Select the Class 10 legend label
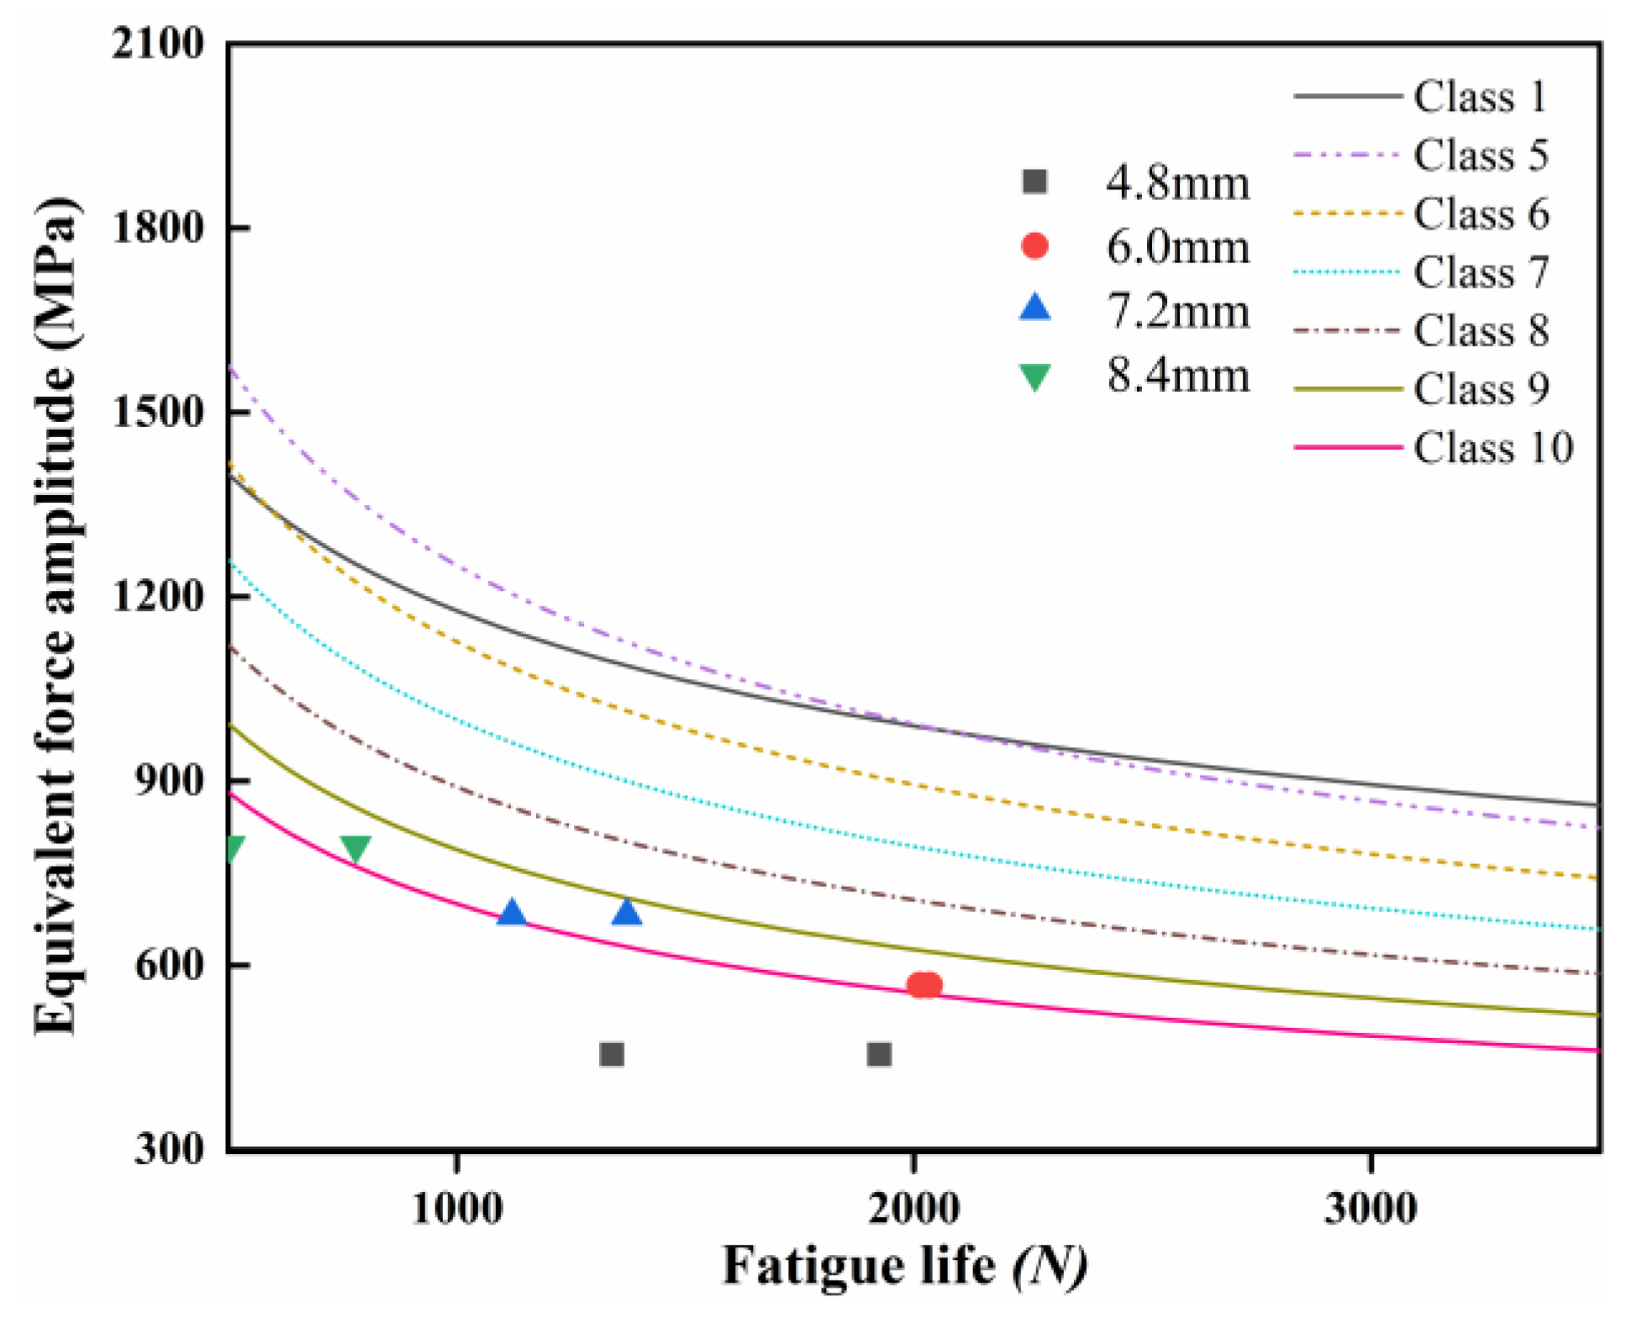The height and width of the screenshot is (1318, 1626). [x=1492, y=447]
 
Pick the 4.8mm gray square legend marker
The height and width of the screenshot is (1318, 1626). [x=1034, y=182]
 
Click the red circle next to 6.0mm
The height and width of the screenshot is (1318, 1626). [x=1034, y=246]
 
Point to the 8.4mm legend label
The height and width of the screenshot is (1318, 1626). [x=1177, y=375]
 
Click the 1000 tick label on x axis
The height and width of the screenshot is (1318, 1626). [x=457, y=1209]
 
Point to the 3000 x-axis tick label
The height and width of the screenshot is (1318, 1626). [x=1371, y=1209]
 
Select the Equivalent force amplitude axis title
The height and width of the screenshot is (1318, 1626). [x=57, y=618]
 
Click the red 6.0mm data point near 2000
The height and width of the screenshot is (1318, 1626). [x=924, y=985]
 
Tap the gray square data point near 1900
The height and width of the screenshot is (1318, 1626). [x=879, y=1054]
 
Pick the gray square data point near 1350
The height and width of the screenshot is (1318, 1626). [x=612, y=1054]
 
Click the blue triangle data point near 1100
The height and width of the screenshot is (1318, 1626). [x=511, y=913]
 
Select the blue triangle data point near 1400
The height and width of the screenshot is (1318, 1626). [x=627, y=912]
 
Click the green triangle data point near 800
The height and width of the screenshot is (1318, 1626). [x=355, y=848]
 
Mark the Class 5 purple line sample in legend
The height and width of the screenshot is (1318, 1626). [x=1347, y=156]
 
